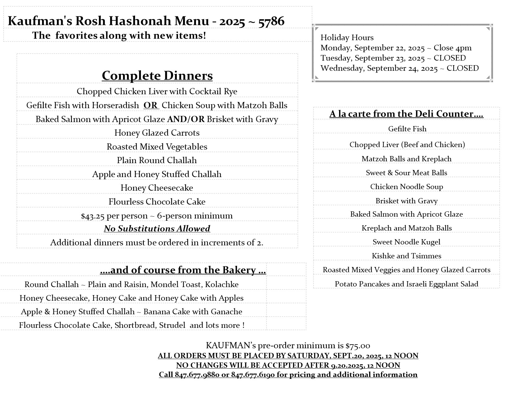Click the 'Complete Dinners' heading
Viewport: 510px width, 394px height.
[x=157, y=76]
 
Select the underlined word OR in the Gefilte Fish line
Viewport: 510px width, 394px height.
[x=151, y=105]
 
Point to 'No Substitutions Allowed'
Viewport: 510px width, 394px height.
[x=157, y=229]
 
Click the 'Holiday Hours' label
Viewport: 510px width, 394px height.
[x=347, y=38]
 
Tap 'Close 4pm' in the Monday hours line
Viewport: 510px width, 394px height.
[x=453, y=48]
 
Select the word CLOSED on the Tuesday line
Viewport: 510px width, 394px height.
[x=449, y=58]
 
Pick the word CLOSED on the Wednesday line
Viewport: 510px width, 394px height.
[x=462, y=68]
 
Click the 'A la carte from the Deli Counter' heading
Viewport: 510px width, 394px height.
[x=406, y=114]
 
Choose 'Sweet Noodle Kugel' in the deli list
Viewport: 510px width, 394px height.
[x=406, y=242]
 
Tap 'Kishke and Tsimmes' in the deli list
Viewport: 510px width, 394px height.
[x=406, y=256]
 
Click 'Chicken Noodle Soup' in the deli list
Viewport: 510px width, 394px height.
[x=406, y=187]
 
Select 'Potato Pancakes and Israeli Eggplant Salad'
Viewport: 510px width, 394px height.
[x=406, y=284]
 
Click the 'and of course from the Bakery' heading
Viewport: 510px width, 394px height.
[x=183, y=270]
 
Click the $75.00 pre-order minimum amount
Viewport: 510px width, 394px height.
[x=358, y=345]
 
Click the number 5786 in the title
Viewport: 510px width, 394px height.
[x=271, y=21]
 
